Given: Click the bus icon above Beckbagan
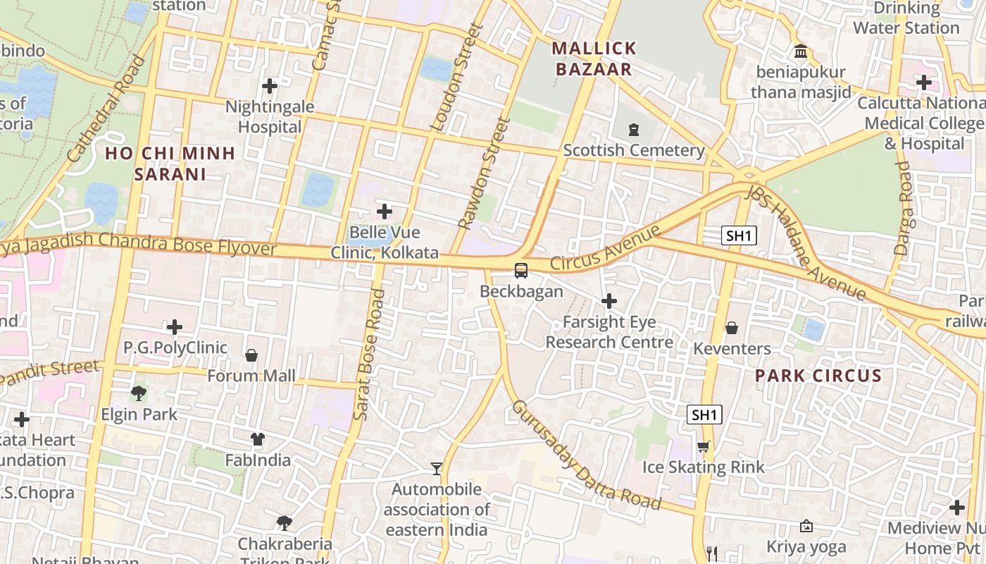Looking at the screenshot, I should (x=520, y=270).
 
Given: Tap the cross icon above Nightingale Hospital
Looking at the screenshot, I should (x=269, y=86).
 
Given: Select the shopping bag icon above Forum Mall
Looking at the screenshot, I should (x=251, y=355).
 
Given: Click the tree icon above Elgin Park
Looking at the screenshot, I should (x=139, y=393).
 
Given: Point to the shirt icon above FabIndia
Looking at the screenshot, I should (x=258, y=439).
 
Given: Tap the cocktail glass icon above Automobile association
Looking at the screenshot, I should (x=437, y=468).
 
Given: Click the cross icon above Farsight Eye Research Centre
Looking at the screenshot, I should (x=609, y=302).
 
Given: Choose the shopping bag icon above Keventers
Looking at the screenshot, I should (x=732, y=328).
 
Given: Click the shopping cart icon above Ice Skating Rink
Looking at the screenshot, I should (x=703, y=446).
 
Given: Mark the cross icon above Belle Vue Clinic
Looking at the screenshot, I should (x=385, y=211).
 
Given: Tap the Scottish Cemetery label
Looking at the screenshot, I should (x=634, y=150).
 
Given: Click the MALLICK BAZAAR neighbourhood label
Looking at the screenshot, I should (x=594, y=59).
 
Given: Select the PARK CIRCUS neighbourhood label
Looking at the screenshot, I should (x=818, y=376).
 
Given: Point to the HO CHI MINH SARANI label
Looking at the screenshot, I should (x=170, y=163).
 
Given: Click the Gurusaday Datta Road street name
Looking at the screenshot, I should (x=586, y=455).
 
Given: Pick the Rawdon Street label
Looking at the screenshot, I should (x=483, y=173).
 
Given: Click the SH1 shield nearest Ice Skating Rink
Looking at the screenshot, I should (x=704, y=415).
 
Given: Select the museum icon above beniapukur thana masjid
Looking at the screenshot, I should (x=801, y=51).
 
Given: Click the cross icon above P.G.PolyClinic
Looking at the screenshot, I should (x=175, y=327).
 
